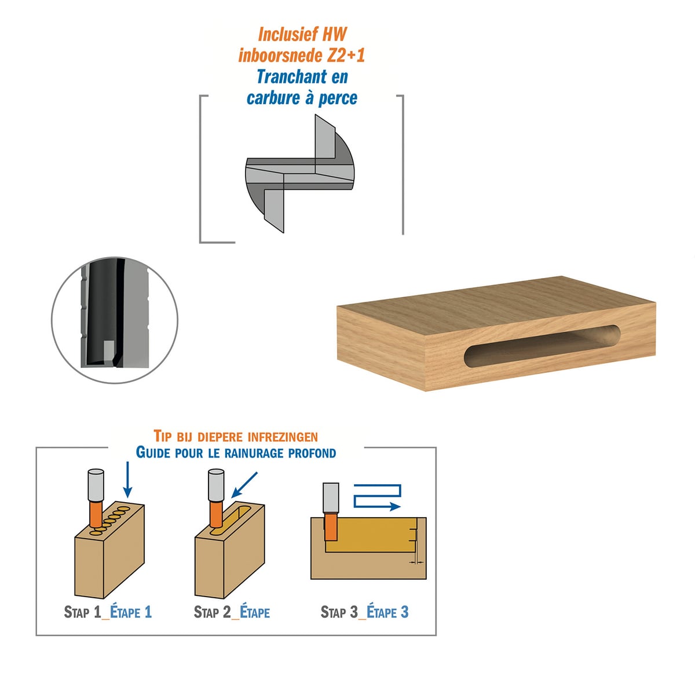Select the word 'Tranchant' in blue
292,76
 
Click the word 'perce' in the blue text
338,98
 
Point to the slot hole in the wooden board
542,346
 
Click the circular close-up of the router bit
115,320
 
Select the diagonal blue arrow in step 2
244,485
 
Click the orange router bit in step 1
96,513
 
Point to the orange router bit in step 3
330,526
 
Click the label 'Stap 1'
83,612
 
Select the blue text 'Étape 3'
387,612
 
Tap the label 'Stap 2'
212,612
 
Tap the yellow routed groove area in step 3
371,535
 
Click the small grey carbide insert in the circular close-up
108,352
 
